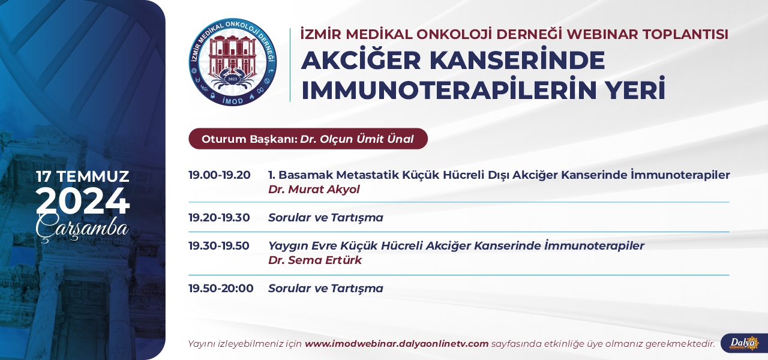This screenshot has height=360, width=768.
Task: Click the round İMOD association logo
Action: point(233,62)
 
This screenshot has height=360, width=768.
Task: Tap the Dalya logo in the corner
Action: point(744,343)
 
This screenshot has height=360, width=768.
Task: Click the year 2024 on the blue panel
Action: point(83,201)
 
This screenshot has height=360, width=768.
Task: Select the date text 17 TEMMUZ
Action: point(83,176)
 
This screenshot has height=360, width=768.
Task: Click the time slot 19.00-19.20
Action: point(220,175)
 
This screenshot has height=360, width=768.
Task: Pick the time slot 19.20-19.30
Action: point(219,217)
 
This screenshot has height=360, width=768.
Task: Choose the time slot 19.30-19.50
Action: point(219,245)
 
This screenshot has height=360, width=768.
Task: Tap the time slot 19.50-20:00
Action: point(221,288)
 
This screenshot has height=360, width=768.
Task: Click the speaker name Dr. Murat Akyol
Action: point(314,189)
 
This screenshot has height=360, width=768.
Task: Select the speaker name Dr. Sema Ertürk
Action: point(315,260)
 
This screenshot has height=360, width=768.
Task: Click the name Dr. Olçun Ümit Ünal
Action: point(357,139)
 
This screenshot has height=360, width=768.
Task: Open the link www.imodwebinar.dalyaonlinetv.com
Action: point(397,344)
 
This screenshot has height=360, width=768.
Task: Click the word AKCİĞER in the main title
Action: point(361,61)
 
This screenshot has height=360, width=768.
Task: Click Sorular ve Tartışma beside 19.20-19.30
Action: point(325,217)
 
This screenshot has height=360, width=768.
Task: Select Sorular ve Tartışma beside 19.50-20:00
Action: point(325,288)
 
